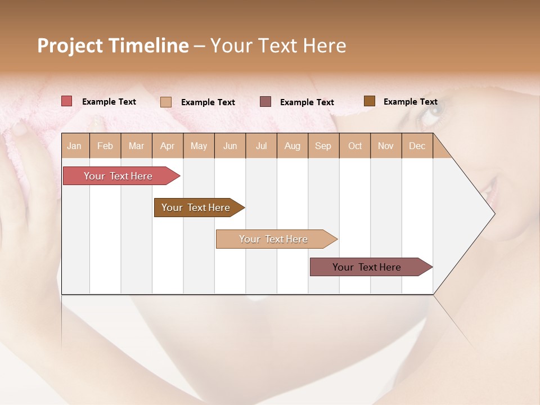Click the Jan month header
74,146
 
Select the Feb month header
105,146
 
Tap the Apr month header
167,146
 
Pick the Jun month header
230,146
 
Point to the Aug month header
292,146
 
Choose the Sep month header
323,146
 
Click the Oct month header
355,146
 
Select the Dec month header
417,146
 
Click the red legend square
66,101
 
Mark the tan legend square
166,102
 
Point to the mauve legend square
265,102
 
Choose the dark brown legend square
369,101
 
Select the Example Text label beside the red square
109,102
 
